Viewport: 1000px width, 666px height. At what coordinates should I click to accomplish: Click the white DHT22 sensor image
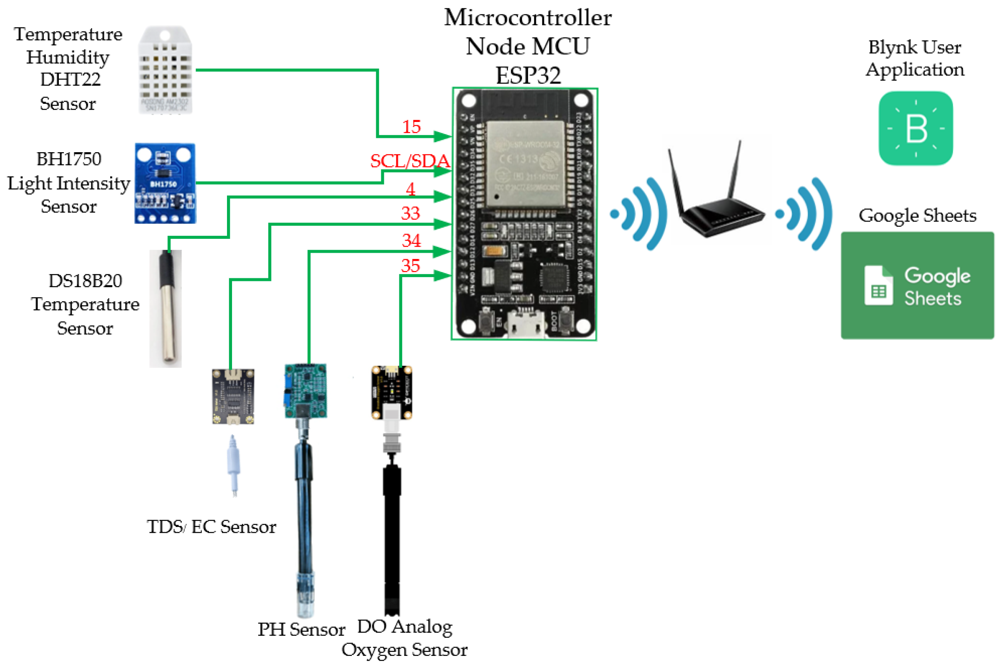(x=165, y=70)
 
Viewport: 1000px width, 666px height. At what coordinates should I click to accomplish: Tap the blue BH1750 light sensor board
(x=165, y=183)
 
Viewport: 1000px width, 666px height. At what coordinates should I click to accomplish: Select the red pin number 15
(x=411, y=127)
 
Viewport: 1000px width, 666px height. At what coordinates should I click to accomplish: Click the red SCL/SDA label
(x=409, y=161)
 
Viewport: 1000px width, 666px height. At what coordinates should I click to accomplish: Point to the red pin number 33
(x=410, y=213)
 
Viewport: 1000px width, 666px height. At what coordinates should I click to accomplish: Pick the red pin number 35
(x=410, y=266)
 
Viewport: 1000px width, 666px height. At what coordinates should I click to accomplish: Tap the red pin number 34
(x=411, y=240)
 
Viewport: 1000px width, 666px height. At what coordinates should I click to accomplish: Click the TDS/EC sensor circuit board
(x=233, y=396)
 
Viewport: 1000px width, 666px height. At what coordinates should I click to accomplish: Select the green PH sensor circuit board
(x=305, y=391)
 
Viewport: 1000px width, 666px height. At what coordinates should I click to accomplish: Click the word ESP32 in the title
(x=528, y=76)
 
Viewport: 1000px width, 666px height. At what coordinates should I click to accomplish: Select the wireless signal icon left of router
(x=639, y=214)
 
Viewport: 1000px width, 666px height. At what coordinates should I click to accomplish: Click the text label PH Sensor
(x=301, y=629)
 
